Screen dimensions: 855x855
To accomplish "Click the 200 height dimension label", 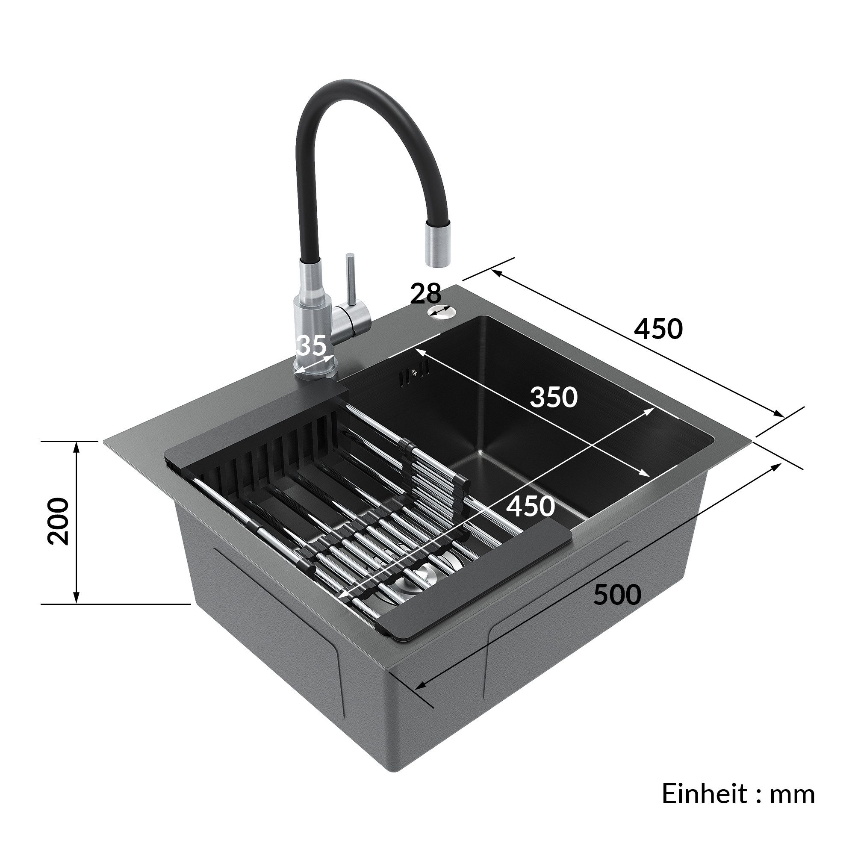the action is (x=59, y=521).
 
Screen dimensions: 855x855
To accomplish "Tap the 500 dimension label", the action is (x=617, y=595).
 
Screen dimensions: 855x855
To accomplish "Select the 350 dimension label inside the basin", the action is (x=554, y=397).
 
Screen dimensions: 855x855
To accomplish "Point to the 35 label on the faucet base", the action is (x=312, y=345).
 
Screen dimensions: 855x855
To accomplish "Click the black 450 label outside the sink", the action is (x=658, y=329).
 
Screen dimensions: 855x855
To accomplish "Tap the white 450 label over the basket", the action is (x=530, y=506).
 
